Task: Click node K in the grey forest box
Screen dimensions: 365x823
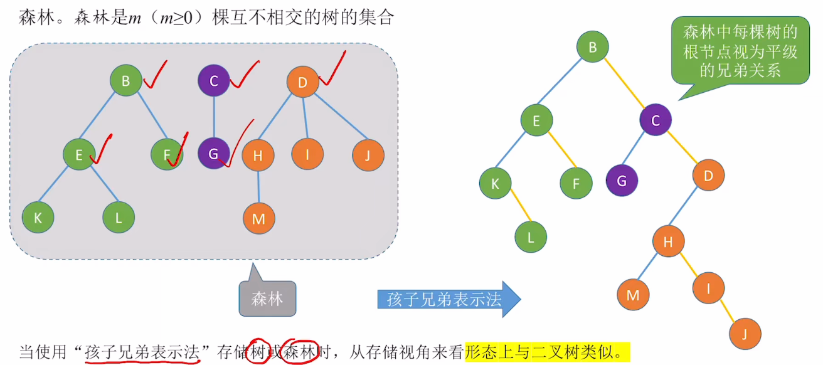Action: coord(38,218)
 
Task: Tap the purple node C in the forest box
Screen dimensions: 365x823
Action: coord(213,81)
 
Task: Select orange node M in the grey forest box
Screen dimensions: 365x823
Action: coord(258,219)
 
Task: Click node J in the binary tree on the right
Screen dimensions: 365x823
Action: coord(745,332)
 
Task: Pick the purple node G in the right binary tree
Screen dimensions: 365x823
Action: coord(622,181)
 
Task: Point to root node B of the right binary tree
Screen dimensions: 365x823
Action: coord(592,46)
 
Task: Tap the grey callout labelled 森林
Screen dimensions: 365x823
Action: coord(267,299)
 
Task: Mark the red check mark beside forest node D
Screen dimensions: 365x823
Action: coord(333,70)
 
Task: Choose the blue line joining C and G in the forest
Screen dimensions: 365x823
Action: coord(213,117)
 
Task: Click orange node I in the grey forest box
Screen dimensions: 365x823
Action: coord(307,154)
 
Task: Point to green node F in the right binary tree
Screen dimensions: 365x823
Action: coord(576,184)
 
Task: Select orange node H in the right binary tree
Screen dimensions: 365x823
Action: coord(668,241)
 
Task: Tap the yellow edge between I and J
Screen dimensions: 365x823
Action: coord(727,310)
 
